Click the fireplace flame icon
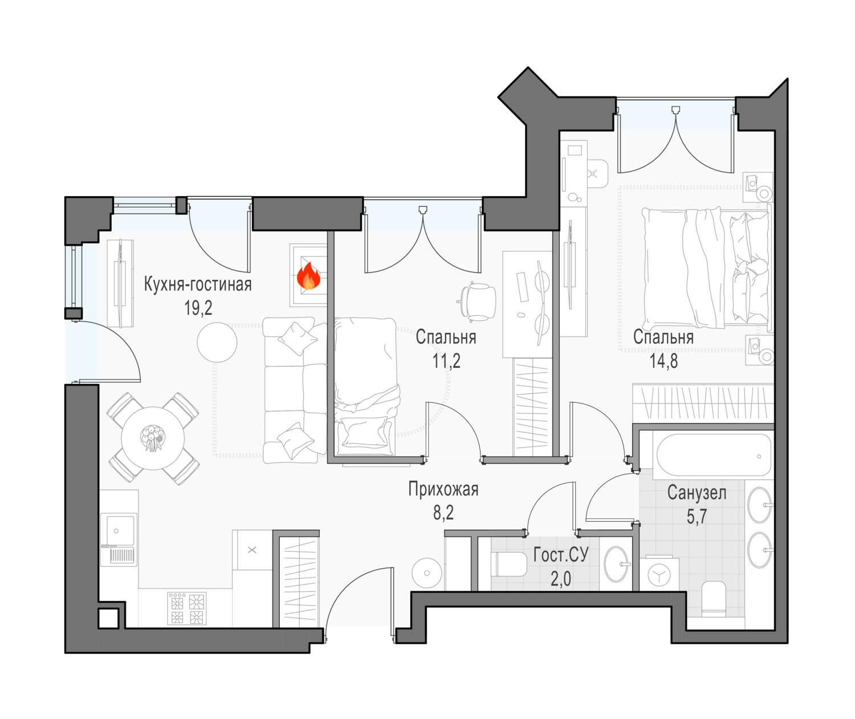click(308, 276)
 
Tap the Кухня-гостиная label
click(198, 285)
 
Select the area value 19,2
click(198, 308)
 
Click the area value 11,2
click(446, 361)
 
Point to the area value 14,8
click(663, 361)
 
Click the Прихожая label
click(443, 489)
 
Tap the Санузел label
click(697, 493)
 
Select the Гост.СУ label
click(561, 555)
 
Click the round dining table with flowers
click(153, 438)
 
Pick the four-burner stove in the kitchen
click(187, 608)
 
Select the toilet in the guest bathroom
click(511, 564)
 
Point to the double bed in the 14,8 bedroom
click(706, 267)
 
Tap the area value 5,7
click(697, 517)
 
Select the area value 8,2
click(443, 513)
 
